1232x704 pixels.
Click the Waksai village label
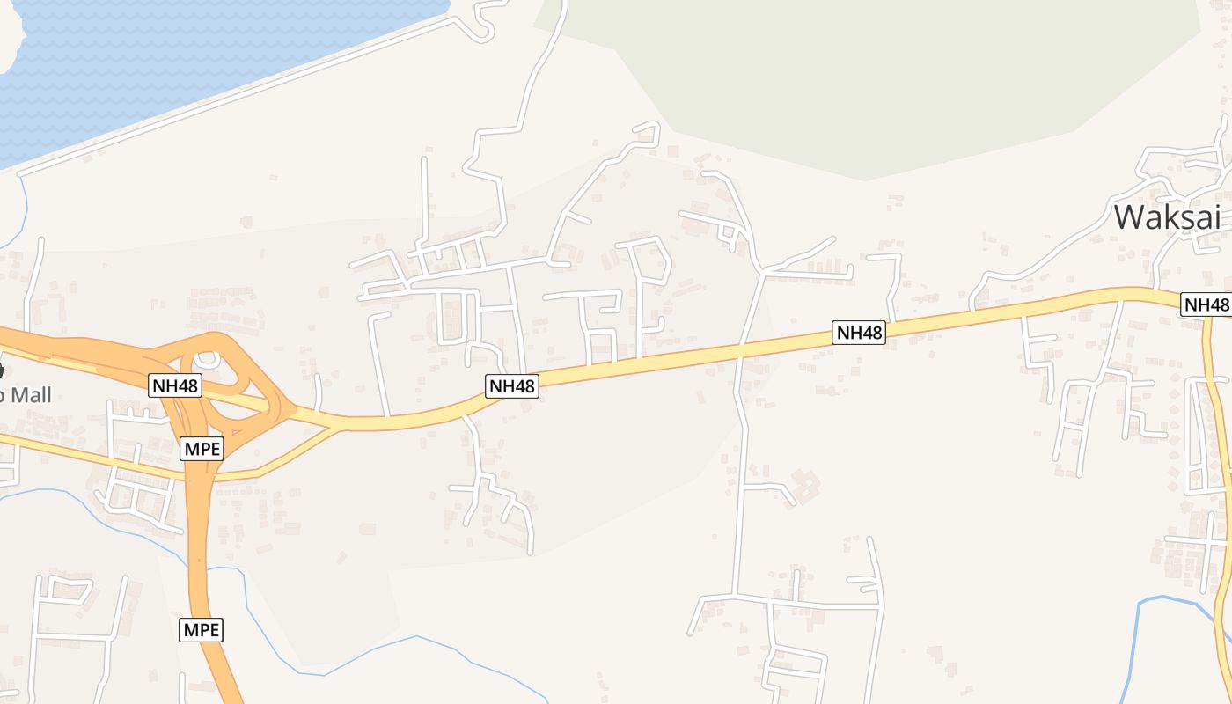point(1168,216)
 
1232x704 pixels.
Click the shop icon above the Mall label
point(2,370)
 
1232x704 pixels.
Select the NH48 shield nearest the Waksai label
point(1205,304)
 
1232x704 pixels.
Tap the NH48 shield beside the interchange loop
point(175,385)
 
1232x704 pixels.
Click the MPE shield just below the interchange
point(202,449)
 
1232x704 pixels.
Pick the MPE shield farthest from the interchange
point(202,629)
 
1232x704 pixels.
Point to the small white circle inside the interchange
point(208,359)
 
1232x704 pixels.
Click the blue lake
point(176,62)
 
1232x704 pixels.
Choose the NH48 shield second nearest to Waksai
point(858,332)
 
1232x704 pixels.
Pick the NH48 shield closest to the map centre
point(511,385)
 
